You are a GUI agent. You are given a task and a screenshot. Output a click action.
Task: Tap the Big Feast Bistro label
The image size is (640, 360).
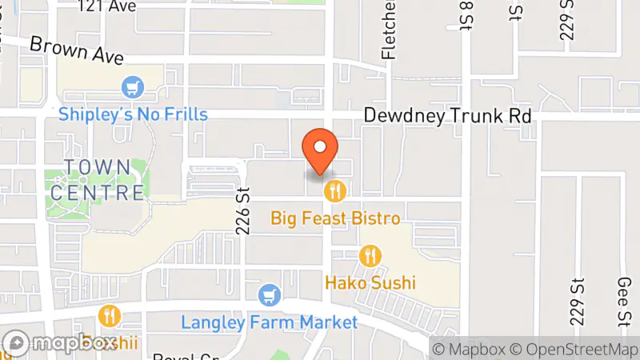coord(335,218)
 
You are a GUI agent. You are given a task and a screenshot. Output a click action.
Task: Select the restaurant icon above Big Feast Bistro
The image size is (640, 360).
coord(335,191)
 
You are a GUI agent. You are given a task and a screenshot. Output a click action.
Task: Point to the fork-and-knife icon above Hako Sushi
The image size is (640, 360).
coord(370,256)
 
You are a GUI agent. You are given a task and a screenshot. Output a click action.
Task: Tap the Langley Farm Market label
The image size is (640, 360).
coord(270,322)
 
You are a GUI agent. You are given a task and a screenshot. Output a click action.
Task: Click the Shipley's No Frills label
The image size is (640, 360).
coord(133,114)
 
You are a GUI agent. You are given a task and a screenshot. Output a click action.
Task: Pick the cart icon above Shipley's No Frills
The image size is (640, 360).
coord(130,86)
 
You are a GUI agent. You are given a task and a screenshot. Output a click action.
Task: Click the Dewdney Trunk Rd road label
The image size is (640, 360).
coord(448,116)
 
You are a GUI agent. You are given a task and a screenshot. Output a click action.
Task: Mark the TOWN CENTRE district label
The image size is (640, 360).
coord(97,180)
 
